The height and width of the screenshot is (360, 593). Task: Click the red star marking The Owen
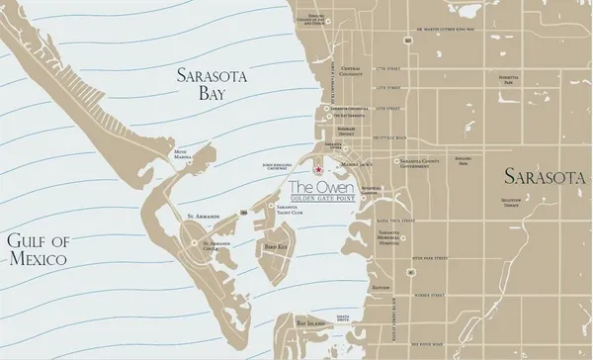[x=318, y=171]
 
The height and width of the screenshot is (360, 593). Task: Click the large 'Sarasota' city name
[x=544, y=177]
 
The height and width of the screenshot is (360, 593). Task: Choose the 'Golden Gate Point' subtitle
[x=316, y=199]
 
